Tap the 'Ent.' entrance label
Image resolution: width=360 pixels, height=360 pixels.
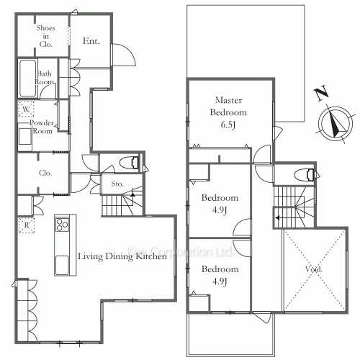[91, 42]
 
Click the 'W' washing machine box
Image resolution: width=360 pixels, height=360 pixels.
[26, 109]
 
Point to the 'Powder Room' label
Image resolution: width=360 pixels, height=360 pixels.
[41, 127]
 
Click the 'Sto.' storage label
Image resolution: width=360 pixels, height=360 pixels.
[117, 184]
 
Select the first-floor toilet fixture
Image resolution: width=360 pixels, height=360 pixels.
[130, 162]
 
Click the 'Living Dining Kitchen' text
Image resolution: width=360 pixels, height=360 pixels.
[118, 256]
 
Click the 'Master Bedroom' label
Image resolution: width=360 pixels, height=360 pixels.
[228, 107]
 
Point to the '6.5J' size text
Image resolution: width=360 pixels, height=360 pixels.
[228, 125]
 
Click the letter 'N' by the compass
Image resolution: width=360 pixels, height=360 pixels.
[321, 92]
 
